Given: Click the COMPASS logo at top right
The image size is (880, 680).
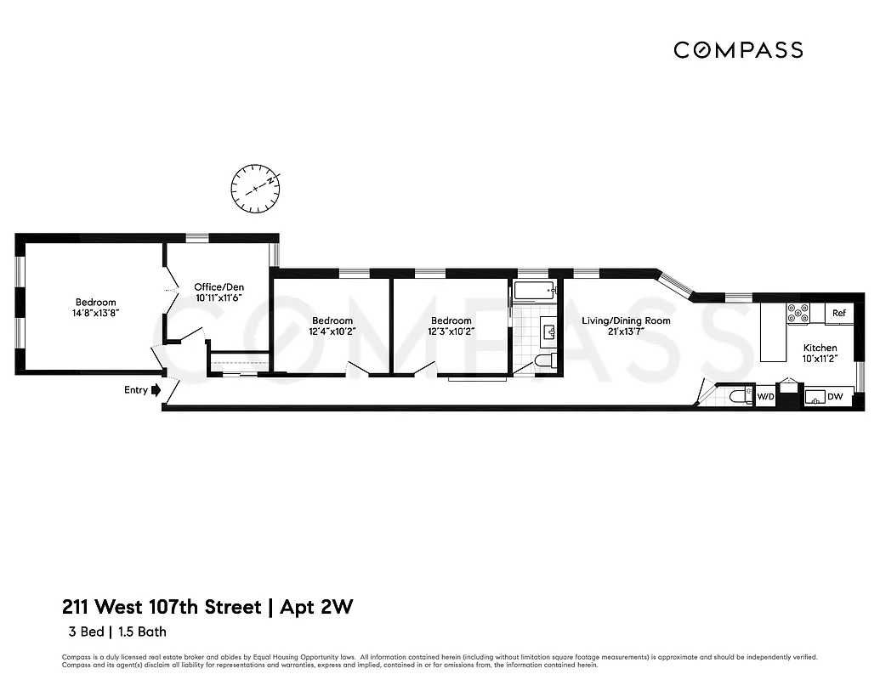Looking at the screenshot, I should coord(737,50).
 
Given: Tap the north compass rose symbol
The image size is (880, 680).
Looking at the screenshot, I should coord(256,188).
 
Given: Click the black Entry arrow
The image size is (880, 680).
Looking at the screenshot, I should coord(156,391).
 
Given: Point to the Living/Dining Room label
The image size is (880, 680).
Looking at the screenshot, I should coord(626,320).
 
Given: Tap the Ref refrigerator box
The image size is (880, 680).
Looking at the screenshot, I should coord(838,313).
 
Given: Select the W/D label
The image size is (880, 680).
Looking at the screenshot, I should coord(765,396).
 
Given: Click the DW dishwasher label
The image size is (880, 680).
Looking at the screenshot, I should coord(835,396).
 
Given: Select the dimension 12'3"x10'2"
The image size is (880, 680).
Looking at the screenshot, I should coord(451,331).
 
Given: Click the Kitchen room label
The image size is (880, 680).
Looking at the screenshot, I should coord(820,348).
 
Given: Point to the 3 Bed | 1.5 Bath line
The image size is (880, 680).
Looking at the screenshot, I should coord(117,632).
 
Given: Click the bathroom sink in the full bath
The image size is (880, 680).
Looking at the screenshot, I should coord(547,328).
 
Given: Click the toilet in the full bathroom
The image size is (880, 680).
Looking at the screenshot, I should coord(545,361).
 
